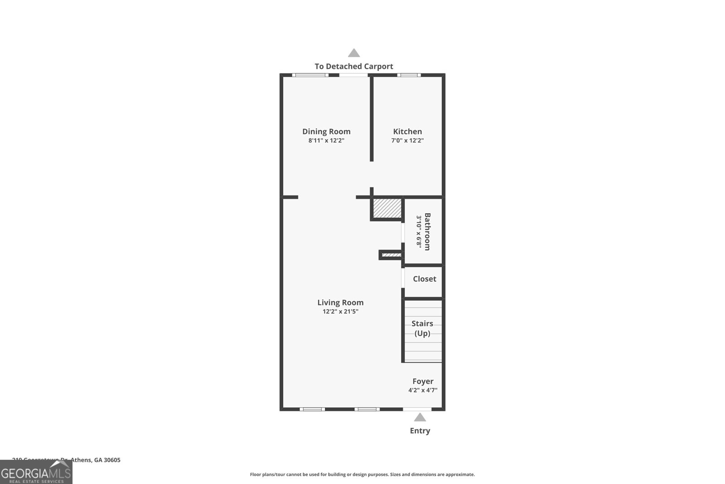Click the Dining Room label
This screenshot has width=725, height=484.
point(326,132)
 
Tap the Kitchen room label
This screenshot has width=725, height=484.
point(407,132)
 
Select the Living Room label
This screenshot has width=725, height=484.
point(340,303)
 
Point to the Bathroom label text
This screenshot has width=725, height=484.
point(427,231)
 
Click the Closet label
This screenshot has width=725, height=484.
point(425,279)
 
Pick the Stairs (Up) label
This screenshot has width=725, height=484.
point(422,328)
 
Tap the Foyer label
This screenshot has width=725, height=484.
point(423,381)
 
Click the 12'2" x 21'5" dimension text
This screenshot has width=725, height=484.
point(340,312)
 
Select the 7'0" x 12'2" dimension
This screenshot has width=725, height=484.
point(407,141)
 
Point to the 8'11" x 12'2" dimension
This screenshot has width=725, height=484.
point(326,141)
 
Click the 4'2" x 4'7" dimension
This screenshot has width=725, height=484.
point(423,390)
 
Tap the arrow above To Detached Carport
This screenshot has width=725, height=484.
point(354,53)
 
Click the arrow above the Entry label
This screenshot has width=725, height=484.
point(420,417)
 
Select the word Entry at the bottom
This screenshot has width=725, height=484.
point(420,431)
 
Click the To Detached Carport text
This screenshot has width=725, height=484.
point(354,66)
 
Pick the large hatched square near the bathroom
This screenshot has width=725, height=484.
point(387,208)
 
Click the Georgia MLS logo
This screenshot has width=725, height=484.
point(36,472)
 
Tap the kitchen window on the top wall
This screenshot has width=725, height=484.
point(409,75)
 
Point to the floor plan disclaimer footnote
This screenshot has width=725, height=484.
point(362,474)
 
